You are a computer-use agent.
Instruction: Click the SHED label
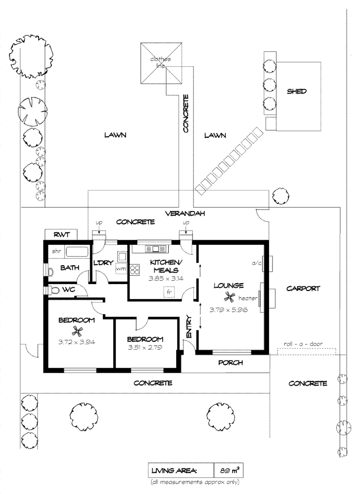tap(296, 91)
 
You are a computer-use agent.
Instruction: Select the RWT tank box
tap(60, 235)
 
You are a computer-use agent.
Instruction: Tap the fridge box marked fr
tap(169, 292)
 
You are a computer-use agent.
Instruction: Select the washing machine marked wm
tap(120, 269)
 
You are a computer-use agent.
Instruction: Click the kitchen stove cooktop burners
tap(135, 270)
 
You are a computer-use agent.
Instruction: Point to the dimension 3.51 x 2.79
tap(145, 348)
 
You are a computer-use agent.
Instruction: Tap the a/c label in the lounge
tap(256, 263)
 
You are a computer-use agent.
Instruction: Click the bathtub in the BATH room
tap(77, 251)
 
